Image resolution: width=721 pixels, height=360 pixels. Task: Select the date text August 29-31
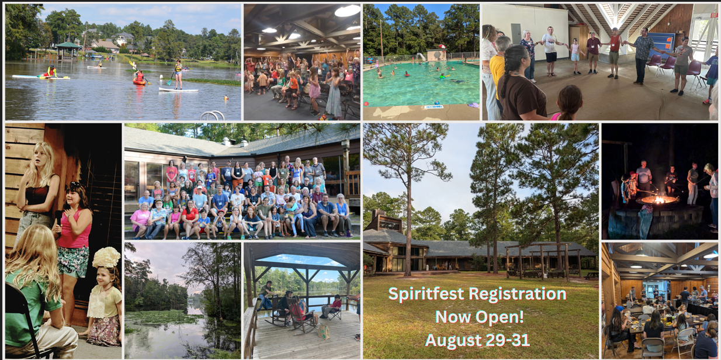[x=477, y=340]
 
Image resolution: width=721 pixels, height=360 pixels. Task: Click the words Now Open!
[x=480, y=317]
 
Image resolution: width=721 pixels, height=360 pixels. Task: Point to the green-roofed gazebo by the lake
[x=68, y=50]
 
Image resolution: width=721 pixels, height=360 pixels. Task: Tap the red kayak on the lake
[x=140, y=81]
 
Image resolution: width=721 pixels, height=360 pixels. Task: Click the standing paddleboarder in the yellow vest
[x=178, y=75]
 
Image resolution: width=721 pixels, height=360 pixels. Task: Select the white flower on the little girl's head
[x=106, y=257]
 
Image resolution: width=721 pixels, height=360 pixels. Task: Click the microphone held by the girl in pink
[x=58, y=219]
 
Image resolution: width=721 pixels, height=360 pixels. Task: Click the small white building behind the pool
[x=436, y=54]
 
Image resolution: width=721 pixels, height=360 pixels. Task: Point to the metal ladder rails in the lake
[x=213, y=115]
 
